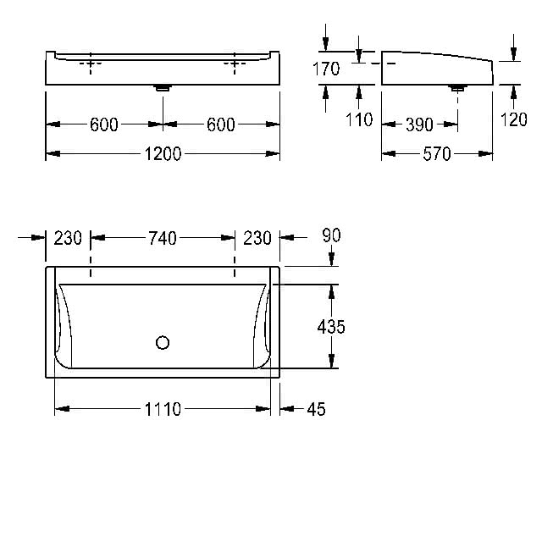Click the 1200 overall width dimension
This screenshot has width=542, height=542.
(x=163, y=154)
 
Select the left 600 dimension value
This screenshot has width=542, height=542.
(x=104, y=124)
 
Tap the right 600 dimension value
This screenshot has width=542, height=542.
(x=221, y=124)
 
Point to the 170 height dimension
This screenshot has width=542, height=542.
(x=326, y=69)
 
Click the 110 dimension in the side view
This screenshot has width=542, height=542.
(x=359, y=119)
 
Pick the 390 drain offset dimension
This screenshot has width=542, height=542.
(x=419, y=124)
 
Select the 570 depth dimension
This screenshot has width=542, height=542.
(x=437, y=154)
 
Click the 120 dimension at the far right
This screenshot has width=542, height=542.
(x=514, y=119)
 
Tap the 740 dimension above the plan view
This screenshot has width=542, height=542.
(x=163, y=238)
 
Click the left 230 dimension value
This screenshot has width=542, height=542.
(x=68, y=238)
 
